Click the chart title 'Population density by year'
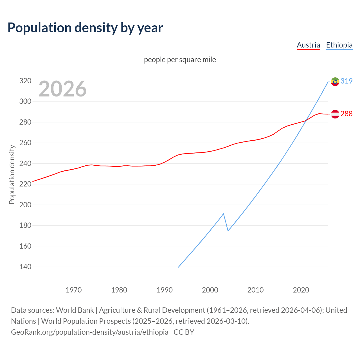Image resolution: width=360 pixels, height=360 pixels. pos(85,28)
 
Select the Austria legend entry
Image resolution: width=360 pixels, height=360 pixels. pos(308,45)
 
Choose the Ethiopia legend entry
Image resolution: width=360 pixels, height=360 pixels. pos(339,45)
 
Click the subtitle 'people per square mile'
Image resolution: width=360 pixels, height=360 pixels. pos(180,60)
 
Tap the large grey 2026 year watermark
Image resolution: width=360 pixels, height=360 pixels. pos(62,89)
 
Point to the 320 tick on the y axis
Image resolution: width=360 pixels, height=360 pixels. pos(25,81)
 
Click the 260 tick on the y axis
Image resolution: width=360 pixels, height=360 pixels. pos(25,143)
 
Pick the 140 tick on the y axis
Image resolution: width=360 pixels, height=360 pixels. pos(25,267)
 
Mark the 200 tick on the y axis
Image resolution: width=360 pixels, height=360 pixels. pos(25,205)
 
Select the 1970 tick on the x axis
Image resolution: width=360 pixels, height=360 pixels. pos(74,290)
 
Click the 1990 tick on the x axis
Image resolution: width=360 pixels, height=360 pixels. pos(165,290)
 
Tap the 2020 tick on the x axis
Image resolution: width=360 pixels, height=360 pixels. pos(301,290)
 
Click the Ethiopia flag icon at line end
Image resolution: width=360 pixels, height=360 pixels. pos(335,82)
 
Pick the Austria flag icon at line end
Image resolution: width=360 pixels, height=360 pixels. pos(335,114)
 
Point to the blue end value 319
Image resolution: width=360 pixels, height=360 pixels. pos(346,81)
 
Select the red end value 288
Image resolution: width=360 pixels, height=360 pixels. pos(346,114)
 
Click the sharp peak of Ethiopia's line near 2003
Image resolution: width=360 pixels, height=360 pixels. pos(223,214)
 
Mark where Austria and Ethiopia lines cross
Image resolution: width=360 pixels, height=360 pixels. pos(306,121)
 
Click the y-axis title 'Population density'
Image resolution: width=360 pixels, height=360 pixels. pos(12,174)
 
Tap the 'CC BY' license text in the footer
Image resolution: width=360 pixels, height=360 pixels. pos(184,332)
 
